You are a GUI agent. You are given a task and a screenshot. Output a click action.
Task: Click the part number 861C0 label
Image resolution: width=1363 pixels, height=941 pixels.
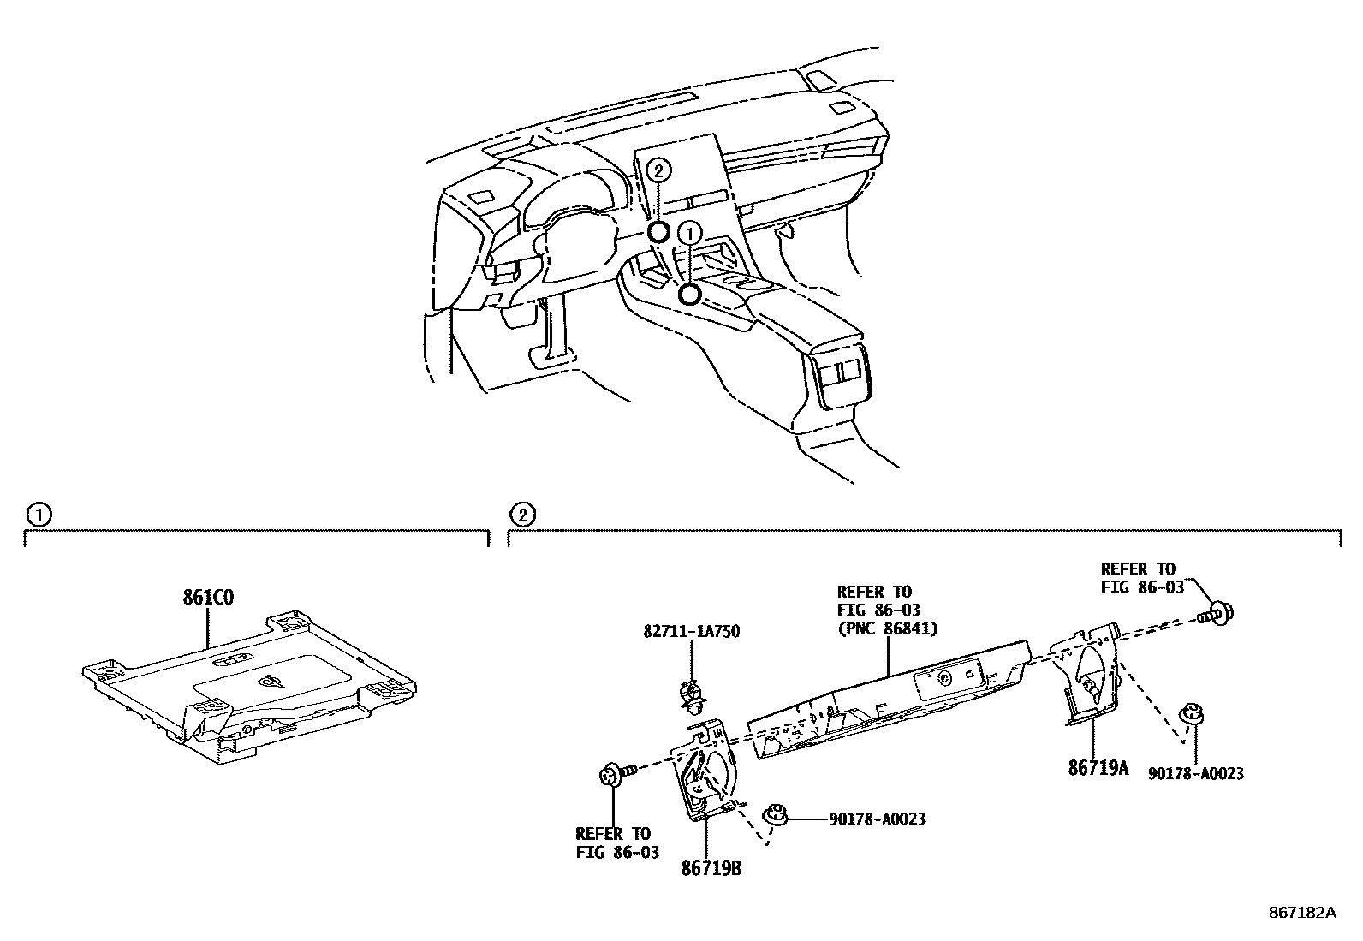(207, 598)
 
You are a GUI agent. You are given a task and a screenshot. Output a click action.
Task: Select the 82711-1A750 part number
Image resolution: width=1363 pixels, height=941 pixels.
(691, 632)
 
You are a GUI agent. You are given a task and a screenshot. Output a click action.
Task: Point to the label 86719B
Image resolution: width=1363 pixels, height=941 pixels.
(711, 868)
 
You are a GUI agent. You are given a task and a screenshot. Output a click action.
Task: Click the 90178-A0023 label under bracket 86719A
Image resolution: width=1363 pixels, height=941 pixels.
(1196, 773)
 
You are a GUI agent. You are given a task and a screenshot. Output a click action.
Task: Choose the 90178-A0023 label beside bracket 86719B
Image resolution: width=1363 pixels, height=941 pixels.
(877, 819)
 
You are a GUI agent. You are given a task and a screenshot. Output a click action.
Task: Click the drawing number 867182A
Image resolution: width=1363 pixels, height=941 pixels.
(1301, 912)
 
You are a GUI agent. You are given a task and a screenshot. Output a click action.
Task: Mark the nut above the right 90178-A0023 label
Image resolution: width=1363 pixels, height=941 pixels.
(1188, 712)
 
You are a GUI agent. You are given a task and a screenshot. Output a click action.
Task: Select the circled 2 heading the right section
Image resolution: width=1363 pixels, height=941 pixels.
(522, 515)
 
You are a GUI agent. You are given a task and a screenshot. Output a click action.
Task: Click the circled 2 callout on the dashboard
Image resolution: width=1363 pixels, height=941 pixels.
(658, 170)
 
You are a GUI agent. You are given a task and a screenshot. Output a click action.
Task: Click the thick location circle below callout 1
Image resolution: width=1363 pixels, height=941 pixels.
(688, 295)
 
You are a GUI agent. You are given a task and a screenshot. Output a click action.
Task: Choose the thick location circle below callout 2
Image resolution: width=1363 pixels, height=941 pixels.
(658, 232)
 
